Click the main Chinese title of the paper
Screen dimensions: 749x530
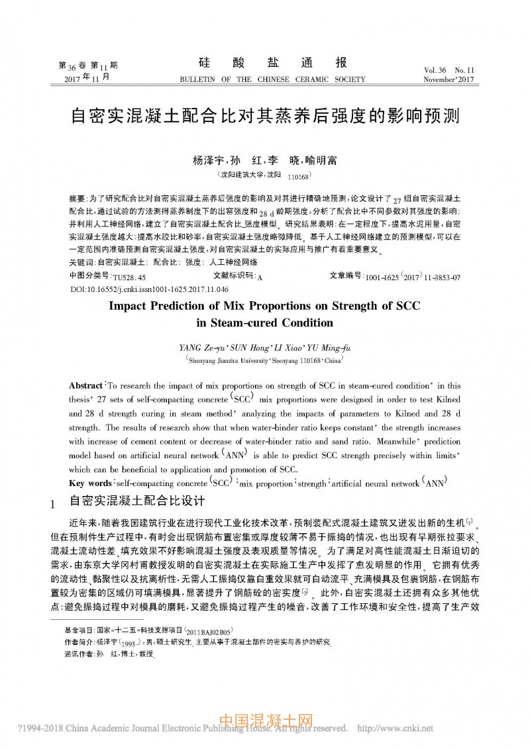[265, 117]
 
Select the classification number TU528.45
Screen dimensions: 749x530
[132, 277]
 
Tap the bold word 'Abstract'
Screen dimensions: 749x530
[86, 385]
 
